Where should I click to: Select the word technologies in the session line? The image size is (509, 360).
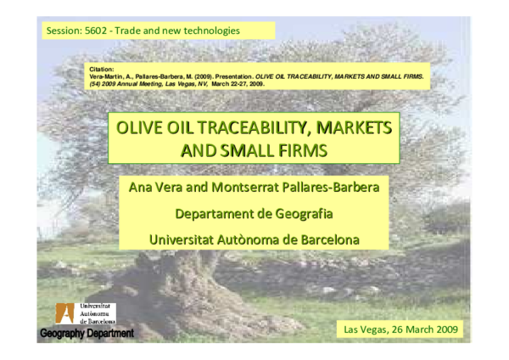point(210,31)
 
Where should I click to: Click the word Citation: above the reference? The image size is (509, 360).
point(101,68)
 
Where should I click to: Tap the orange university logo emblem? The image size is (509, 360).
point(64,312)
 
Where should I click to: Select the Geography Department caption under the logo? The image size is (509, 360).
point(87,334)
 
